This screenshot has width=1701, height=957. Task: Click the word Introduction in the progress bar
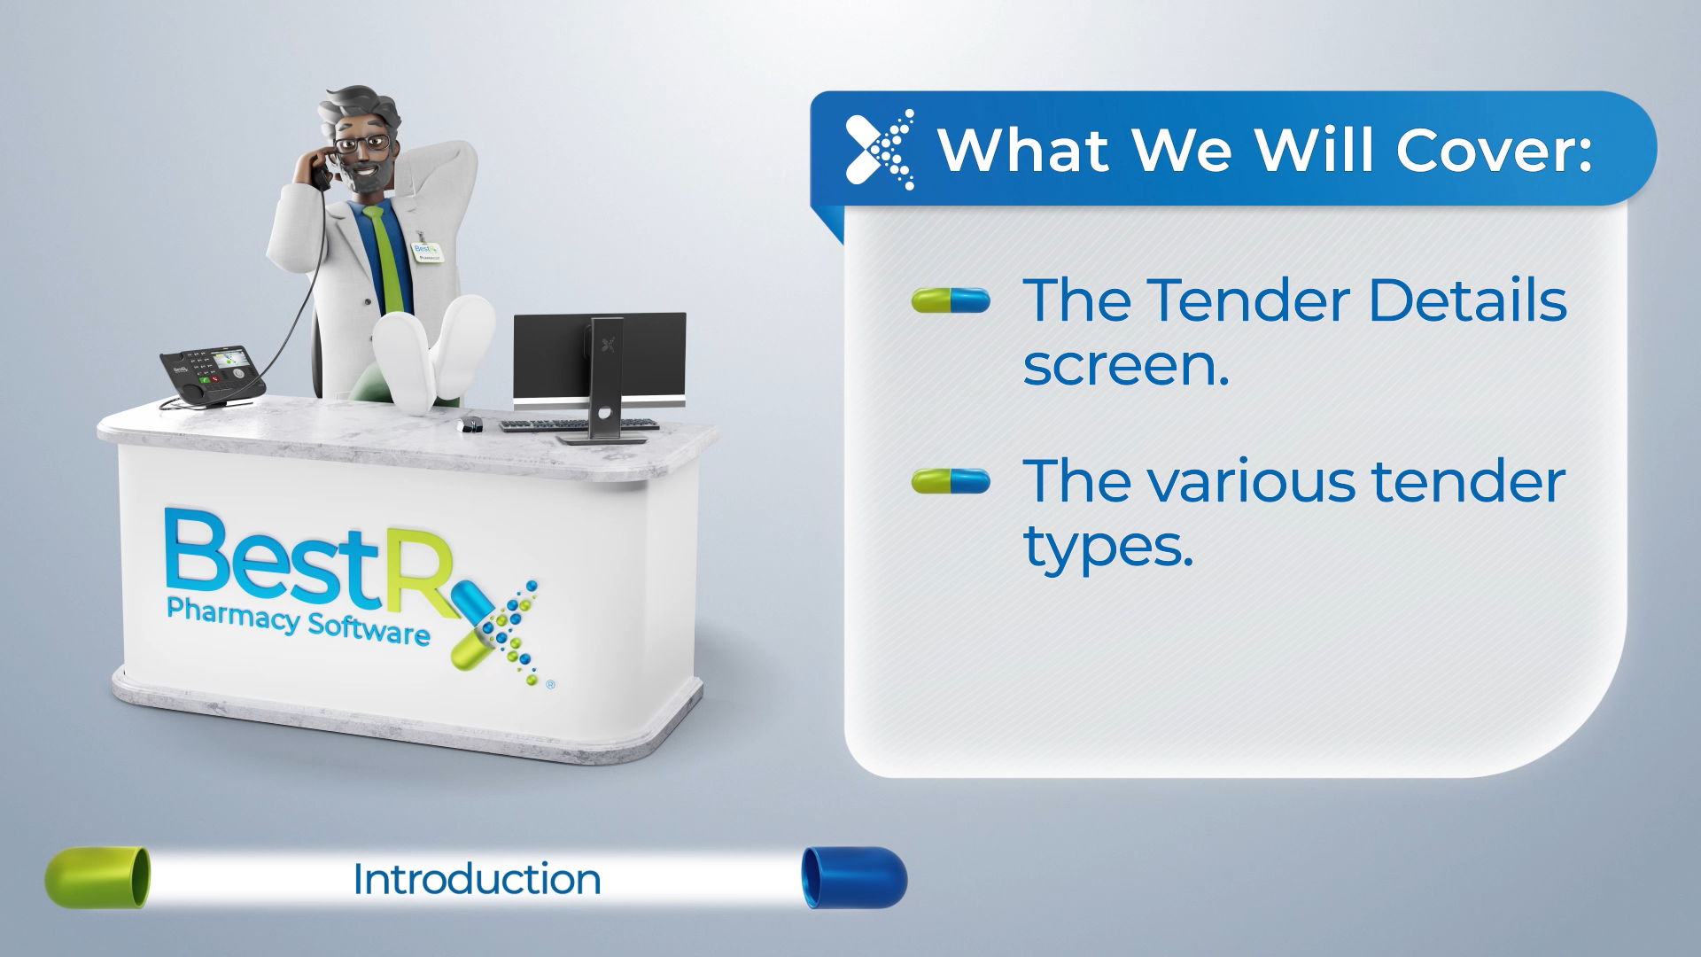coord(477,879)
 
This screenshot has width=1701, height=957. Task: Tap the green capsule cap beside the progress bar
coord(97,877)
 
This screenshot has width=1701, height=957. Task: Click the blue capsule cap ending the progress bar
coord(854,877)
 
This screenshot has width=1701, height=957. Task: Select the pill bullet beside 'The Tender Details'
coord(951,300)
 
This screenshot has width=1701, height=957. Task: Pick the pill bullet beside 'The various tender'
coord(951,481)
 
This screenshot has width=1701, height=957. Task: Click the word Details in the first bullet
coord(1467,300)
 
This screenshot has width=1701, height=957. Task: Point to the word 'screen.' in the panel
coord(1126,364)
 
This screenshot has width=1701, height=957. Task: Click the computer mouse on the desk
coord(470,424)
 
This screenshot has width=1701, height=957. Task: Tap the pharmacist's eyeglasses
coord(363,144)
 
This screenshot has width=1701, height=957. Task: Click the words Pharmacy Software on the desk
coord(298,621)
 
